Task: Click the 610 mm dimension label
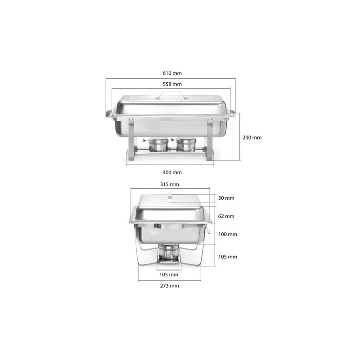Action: (172, 73)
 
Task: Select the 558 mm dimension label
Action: (172, 84)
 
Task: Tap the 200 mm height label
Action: (252, 138)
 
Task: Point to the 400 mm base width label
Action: (172, 172)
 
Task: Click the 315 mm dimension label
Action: (170, 184)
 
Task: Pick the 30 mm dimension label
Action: (226, 198)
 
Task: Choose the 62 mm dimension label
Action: (226, 216)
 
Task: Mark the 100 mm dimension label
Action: (228, 234)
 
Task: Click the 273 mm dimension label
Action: (170, 286)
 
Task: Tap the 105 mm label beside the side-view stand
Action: (228, 256)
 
